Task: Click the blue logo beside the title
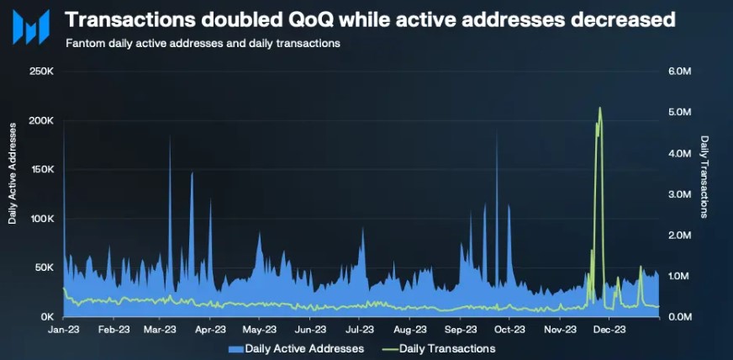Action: (30, 27)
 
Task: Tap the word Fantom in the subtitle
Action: (84, 43)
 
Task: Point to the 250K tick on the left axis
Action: (42, 71)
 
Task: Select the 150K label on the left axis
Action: (42, 169)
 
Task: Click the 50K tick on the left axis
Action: (45, 267)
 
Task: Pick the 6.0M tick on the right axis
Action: (679, 71)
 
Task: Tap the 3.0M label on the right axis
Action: (679, 194)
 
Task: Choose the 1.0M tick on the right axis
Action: (679, 276)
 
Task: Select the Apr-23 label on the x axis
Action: (211, 330)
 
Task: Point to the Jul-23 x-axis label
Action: (359, 330)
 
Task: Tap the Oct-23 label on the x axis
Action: (509, 330)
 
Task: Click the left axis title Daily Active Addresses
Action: (13, 172)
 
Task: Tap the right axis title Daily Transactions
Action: (704, 177)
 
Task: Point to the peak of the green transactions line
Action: (599, 108)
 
